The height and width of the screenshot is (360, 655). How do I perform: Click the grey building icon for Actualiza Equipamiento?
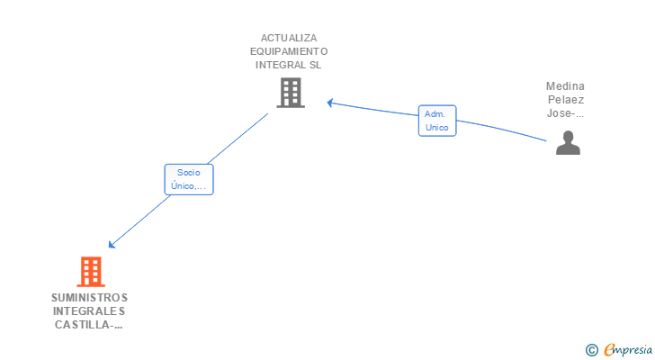point(290,92)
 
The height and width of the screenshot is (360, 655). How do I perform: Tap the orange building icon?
point(91,272)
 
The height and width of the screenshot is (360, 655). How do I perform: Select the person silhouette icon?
point(568,143)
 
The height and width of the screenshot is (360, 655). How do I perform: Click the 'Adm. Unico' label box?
point(437,121)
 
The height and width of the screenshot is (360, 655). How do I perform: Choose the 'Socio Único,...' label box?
point(189,179)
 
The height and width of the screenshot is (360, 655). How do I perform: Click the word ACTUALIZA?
point(289,38)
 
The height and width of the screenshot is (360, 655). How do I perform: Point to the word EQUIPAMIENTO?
point(289,51)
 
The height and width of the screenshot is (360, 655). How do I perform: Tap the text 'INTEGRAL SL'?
point(289,65)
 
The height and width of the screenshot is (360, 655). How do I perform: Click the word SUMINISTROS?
point(89,298)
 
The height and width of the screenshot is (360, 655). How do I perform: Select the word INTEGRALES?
point(89,311)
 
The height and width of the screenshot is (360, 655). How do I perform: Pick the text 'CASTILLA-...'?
point(89,325)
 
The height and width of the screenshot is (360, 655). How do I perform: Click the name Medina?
point(565,86)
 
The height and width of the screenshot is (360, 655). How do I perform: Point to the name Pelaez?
point(565,100)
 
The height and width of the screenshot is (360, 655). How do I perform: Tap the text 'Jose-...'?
point(565,113)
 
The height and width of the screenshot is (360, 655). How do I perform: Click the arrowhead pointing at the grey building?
point(330,103)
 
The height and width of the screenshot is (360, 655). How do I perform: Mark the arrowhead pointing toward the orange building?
point(112,244)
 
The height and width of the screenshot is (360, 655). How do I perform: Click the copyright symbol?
point(591,350)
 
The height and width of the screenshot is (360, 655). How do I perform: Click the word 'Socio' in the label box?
point(189,172)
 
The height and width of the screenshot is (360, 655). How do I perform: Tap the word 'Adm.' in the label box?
point(436,114)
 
